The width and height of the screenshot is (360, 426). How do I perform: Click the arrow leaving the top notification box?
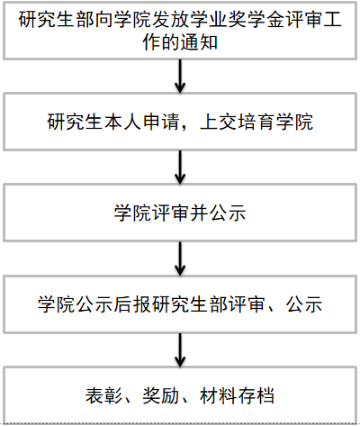pos(180,76)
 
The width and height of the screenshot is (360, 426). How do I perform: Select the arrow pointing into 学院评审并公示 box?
pos(180,168)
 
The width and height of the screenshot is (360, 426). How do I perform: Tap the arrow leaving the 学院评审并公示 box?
pos(180,258)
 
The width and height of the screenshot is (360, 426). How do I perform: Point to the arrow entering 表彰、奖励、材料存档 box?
pos(180,349)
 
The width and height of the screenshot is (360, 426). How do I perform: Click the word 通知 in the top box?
pos(199,42)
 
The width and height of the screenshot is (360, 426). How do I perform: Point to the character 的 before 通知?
pos(170,42)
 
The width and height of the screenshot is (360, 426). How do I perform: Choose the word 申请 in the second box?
pos(161,122)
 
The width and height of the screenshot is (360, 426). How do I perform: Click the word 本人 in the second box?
pos(123,122)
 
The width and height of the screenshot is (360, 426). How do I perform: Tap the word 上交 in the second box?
pos(219,122)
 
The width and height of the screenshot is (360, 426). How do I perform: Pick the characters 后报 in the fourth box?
pos(132,304)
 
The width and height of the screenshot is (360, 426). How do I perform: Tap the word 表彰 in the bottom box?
pos(104,395)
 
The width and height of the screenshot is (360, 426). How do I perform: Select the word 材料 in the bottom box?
pos(219,395)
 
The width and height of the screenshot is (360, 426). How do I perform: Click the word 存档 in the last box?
pos(256,395)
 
